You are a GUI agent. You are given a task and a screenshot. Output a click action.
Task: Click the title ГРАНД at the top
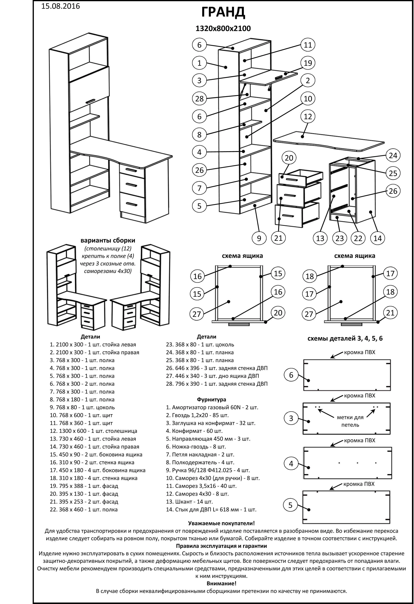click(x=223, y=12)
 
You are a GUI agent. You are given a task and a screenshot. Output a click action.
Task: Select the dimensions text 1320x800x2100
click(x=223, y=29)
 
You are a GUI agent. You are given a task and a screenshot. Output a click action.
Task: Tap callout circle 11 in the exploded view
click(x=308, y=45)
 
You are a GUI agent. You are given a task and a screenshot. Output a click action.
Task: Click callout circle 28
click(x=199, y=99)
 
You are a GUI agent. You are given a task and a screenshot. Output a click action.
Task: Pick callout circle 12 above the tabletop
click(x=308, y=117)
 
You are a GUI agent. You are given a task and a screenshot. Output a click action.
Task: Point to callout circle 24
click(x=393, y=156)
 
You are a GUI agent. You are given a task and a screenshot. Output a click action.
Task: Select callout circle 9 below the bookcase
click(x=259, y=238)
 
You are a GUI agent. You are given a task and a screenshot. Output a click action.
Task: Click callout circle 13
click(x=320, y=238)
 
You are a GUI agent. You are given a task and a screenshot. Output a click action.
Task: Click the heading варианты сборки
click(x=108, y=241)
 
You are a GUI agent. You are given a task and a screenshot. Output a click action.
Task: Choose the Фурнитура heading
click(x=211, y=399)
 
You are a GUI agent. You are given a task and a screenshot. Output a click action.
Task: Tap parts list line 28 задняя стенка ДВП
click(x=217, y=384)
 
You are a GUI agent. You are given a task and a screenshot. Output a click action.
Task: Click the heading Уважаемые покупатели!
click(x=221, y=523)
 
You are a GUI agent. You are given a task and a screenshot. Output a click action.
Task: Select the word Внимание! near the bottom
click(x=221, y=583)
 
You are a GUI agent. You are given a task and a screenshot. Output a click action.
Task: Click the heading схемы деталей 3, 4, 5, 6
click(x=345, y=338)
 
